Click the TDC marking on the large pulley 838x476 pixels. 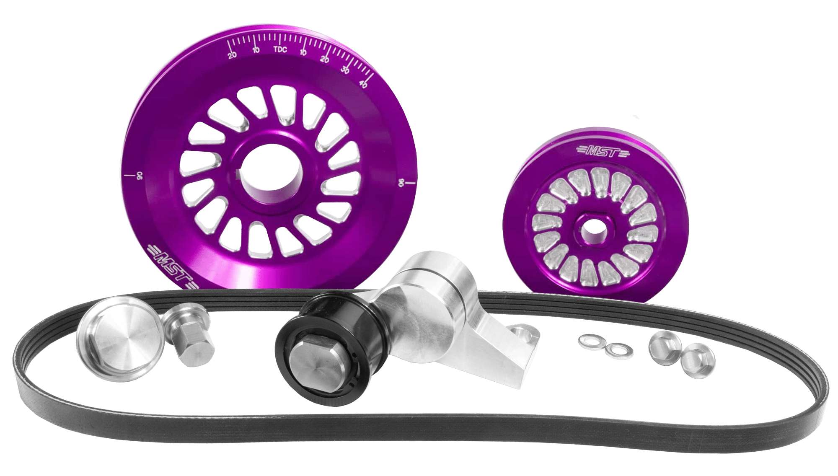coord(280,49)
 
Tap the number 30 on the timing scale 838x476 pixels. coord(345,70)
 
